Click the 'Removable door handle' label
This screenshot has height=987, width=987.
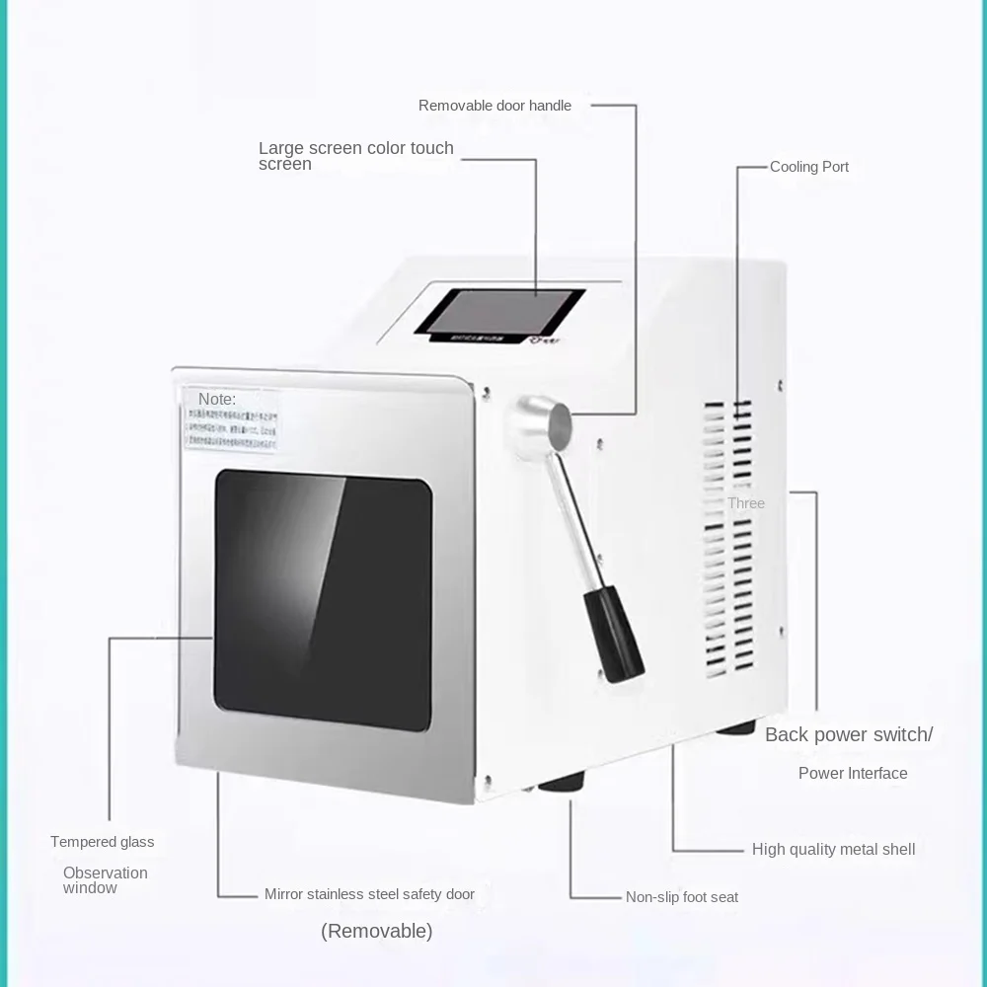pos(494,106)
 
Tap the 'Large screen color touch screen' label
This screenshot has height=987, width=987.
pos(355,155)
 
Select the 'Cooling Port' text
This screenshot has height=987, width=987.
pos(809,167)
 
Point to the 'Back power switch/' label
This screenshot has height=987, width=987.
pos(848,734)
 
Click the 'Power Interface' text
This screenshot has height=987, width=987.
pos(853,773)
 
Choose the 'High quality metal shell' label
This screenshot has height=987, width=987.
pos(833,849)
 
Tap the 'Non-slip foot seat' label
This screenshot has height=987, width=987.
pos(682,897)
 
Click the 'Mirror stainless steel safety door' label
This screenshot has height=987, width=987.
pos(369,894)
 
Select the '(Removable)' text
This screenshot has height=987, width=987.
pos(376,931)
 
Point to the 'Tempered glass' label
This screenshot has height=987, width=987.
pos(103,842)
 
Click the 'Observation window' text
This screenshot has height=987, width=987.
pos(105,879)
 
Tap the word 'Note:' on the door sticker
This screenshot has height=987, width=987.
pos(217,399)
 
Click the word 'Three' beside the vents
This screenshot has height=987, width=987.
pos(746,503)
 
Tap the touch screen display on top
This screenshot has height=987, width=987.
pos(499,310)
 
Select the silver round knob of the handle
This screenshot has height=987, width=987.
pos(539,421)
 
